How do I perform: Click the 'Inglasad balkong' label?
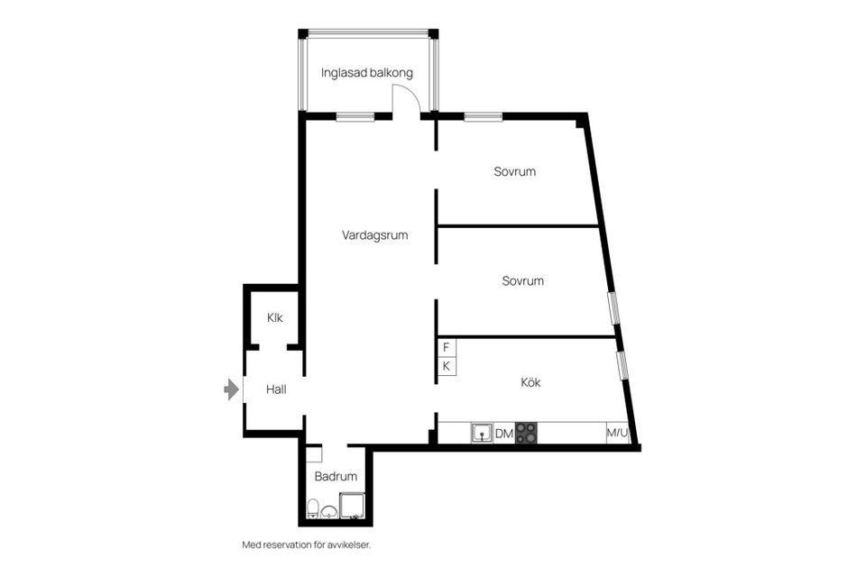tap(367, 72)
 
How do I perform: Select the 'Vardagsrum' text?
tap(374, 235)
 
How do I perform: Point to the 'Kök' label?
tap(531, 382)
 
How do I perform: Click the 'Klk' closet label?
tap(274, 317)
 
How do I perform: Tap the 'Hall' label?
tap(275, 389)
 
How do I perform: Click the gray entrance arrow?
tap(232, 389)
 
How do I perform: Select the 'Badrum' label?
tap(336, 476)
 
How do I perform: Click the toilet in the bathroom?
tap(312, 509)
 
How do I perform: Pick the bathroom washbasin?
tap(330, 512)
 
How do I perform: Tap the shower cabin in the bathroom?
tap(351, 506)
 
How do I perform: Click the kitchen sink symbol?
tap(481, 434)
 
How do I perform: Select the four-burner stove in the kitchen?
tap(526, 434)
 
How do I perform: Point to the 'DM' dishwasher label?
tap(504, 435)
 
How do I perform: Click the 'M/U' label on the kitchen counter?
tap(617, 434)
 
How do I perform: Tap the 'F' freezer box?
tap(446, 347)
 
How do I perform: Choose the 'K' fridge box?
tap(446, 366)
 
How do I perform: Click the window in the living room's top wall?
tap(355, 115)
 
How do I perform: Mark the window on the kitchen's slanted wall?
tap(622, 363)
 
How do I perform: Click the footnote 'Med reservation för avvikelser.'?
tap(306, 545)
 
